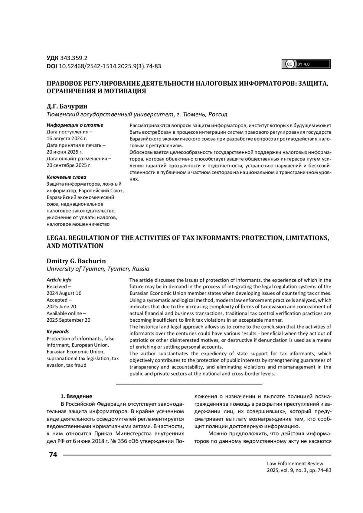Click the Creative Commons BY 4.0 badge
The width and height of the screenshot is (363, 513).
(x=306, y=64)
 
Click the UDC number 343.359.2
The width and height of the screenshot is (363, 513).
(x=74, y=58)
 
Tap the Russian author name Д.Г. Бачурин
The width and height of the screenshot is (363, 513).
(x=67, y=106)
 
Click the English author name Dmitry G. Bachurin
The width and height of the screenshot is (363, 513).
(x=76, y=261)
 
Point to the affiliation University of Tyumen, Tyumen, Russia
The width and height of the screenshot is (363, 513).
(x=98, y=269)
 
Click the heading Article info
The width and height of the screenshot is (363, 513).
(x=59, y=280)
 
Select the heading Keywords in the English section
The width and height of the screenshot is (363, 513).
(x=58, y=332)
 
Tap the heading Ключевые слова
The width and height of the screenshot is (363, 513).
(x=66, y=177)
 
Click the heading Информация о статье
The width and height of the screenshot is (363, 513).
(x=75, y=125)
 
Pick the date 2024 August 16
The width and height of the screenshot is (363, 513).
(x=64, y=293)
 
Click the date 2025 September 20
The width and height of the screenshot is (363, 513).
(x=68, y=320)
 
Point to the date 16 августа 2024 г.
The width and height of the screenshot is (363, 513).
(x=67, y=138)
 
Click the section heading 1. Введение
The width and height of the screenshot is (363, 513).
(x=77, y=396)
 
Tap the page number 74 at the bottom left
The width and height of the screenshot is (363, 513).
(x=53, y=455)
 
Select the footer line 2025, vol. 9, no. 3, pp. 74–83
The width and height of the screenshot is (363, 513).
(x=299, y=470)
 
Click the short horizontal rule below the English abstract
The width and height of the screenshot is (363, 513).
(x=189, y=384)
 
